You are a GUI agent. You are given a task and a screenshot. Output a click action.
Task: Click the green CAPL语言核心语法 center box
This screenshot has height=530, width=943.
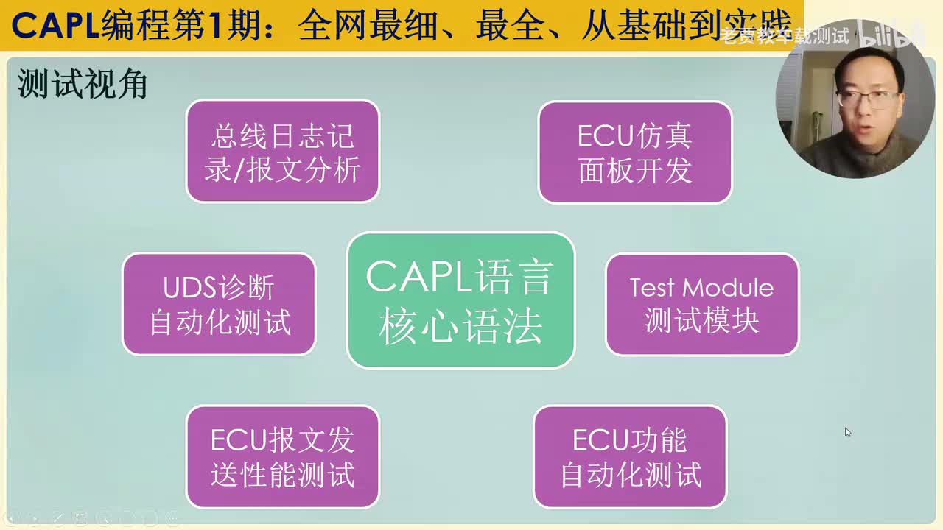tap(460, 300)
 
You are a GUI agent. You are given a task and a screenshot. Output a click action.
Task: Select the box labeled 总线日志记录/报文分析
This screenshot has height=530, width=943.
tap(282, 151)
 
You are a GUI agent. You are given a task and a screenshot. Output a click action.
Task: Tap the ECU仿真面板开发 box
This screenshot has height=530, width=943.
tap(634, 152)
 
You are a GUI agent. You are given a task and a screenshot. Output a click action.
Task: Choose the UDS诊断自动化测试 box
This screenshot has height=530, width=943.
tap(219, 304)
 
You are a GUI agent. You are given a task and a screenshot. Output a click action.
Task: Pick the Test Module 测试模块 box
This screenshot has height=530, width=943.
tap(701, 304)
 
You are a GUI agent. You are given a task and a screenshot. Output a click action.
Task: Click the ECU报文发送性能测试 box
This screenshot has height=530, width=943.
tap(282, 456)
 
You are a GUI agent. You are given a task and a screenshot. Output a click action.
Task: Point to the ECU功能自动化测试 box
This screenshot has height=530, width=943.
tap(630, 456)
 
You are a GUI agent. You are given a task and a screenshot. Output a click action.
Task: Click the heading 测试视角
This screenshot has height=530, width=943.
tap(83, 85)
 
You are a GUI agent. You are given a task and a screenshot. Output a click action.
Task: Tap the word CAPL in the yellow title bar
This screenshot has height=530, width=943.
tap(55, 26)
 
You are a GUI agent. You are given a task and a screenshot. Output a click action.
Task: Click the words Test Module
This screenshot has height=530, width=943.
tap(701, 287)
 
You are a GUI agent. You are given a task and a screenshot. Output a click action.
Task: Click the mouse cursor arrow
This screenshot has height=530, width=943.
tap(847, 431)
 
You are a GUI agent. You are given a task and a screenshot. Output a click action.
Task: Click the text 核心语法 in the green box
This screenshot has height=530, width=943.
tap(460, 325)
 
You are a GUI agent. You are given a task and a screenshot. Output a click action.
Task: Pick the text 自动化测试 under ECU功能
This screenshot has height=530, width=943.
tap(630, 475)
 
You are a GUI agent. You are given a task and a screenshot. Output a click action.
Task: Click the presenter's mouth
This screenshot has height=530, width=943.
tap(866, 127)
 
